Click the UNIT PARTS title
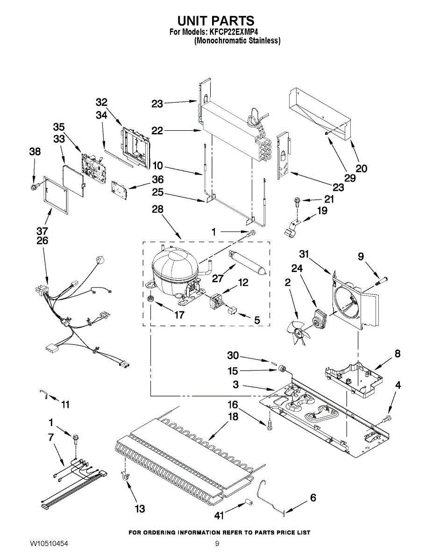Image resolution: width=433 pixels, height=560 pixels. tap(216, 21)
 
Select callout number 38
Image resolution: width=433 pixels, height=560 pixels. tap(35, 152)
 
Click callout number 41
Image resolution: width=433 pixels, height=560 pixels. tap(220, 515)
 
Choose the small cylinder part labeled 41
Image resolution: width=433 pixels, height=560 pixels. tap(248, 502)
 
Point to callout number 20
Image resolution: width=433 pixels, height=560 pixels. tap(362, 168)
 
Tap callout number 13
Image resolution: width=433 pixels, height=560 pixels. tap(140, 509)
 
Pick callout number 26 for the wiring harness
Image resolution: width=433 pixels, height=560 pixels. tap(42, 241)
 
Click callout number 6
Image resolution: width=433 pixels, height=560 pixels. tap(313, 498)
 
